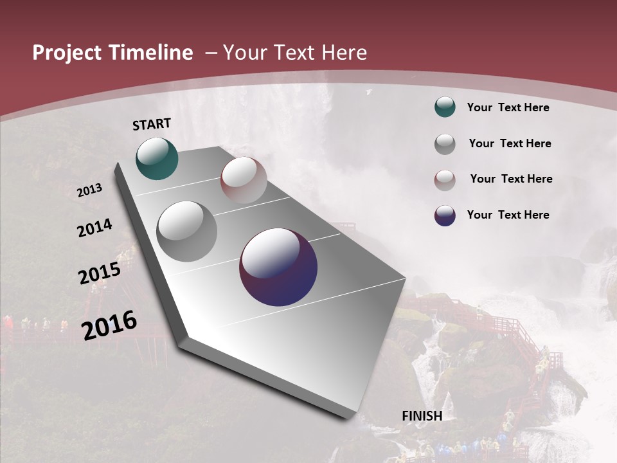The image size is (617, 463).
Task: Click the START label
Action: tap(152, 123)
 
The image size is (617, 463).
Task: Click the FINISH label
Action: tap(422, 416)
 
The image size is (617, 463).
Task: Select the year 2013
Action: tap(89, 190)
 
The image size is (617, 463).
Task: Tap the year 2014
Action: tap(94, 228)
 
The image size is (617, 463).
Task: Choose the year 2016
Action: tap(109, 325)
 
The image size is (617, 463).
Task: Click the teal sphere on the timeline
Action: tap(157, 158)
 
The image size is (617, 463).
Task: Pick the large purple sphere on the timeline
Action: tap(278, 267)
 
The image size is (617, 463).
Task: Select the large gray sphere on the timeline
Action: tap(187, 231)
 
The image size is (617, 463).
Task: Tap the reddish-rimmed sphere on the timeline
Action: tap(244, 180)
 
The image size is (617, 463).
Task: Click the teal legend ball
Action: tap(445, 107)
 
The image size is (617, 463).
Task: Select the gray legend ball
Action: tap(445, 144)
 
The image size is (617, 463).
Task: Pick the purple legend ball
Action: tap(445, 215)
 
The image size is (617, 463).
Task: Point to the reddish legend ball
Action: tap(445, 180)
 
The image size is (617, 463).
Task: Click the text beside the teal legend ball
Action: tap(508, 107)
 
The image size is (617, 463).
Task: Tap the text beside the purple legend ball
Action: tap(508, 215)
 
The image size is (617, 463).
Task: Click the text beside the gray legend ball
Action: tap(510, 143)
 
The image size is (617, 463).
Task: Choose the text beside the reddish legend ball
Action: tap(511, 179)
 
